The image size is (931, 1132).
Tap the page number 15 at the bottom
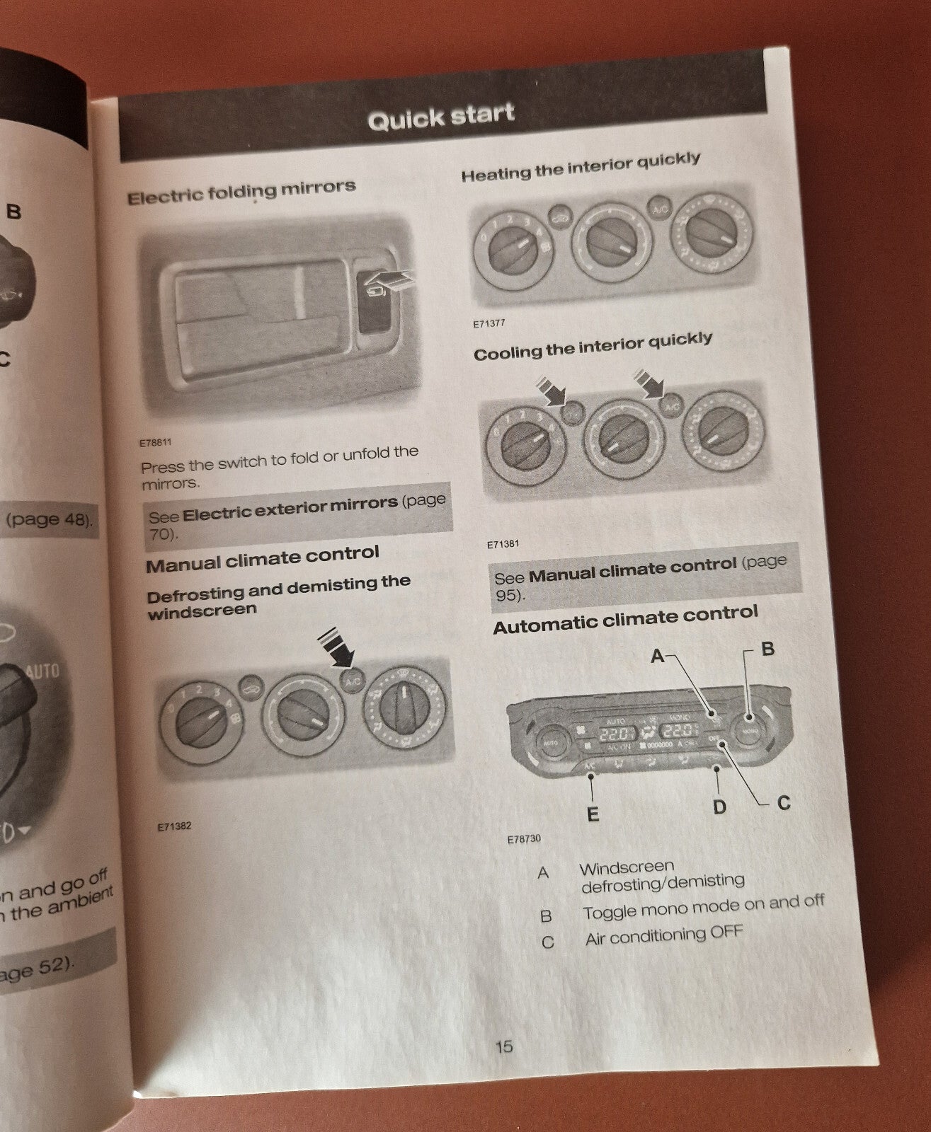point(503,1046)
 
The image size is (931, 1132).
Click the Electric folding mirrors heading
point(241,191)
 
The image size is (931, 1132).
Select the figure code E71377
point(489,324)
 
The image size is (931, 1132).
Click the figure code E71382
point(175,826)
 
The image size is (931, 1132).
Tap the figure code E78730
point(524,839)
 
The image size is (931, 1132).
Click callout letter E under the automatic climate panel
point(593,814)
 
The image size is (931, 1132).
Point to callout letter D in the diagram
point(719,806)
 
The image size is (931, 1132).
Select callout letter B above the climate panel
point(767,649)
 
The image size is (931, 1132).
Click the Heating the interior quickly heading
point(581,167)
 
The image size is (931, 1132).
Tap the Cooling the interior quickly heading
point(593,347)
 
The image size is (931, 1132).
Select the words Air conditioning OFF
point(663,935)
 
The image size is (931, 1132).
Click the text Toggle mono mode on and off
point(703,907)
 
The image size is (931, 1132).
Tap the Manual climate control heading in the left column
point(263,558)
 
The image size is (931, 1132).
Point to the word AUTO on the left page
point(42,670)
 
